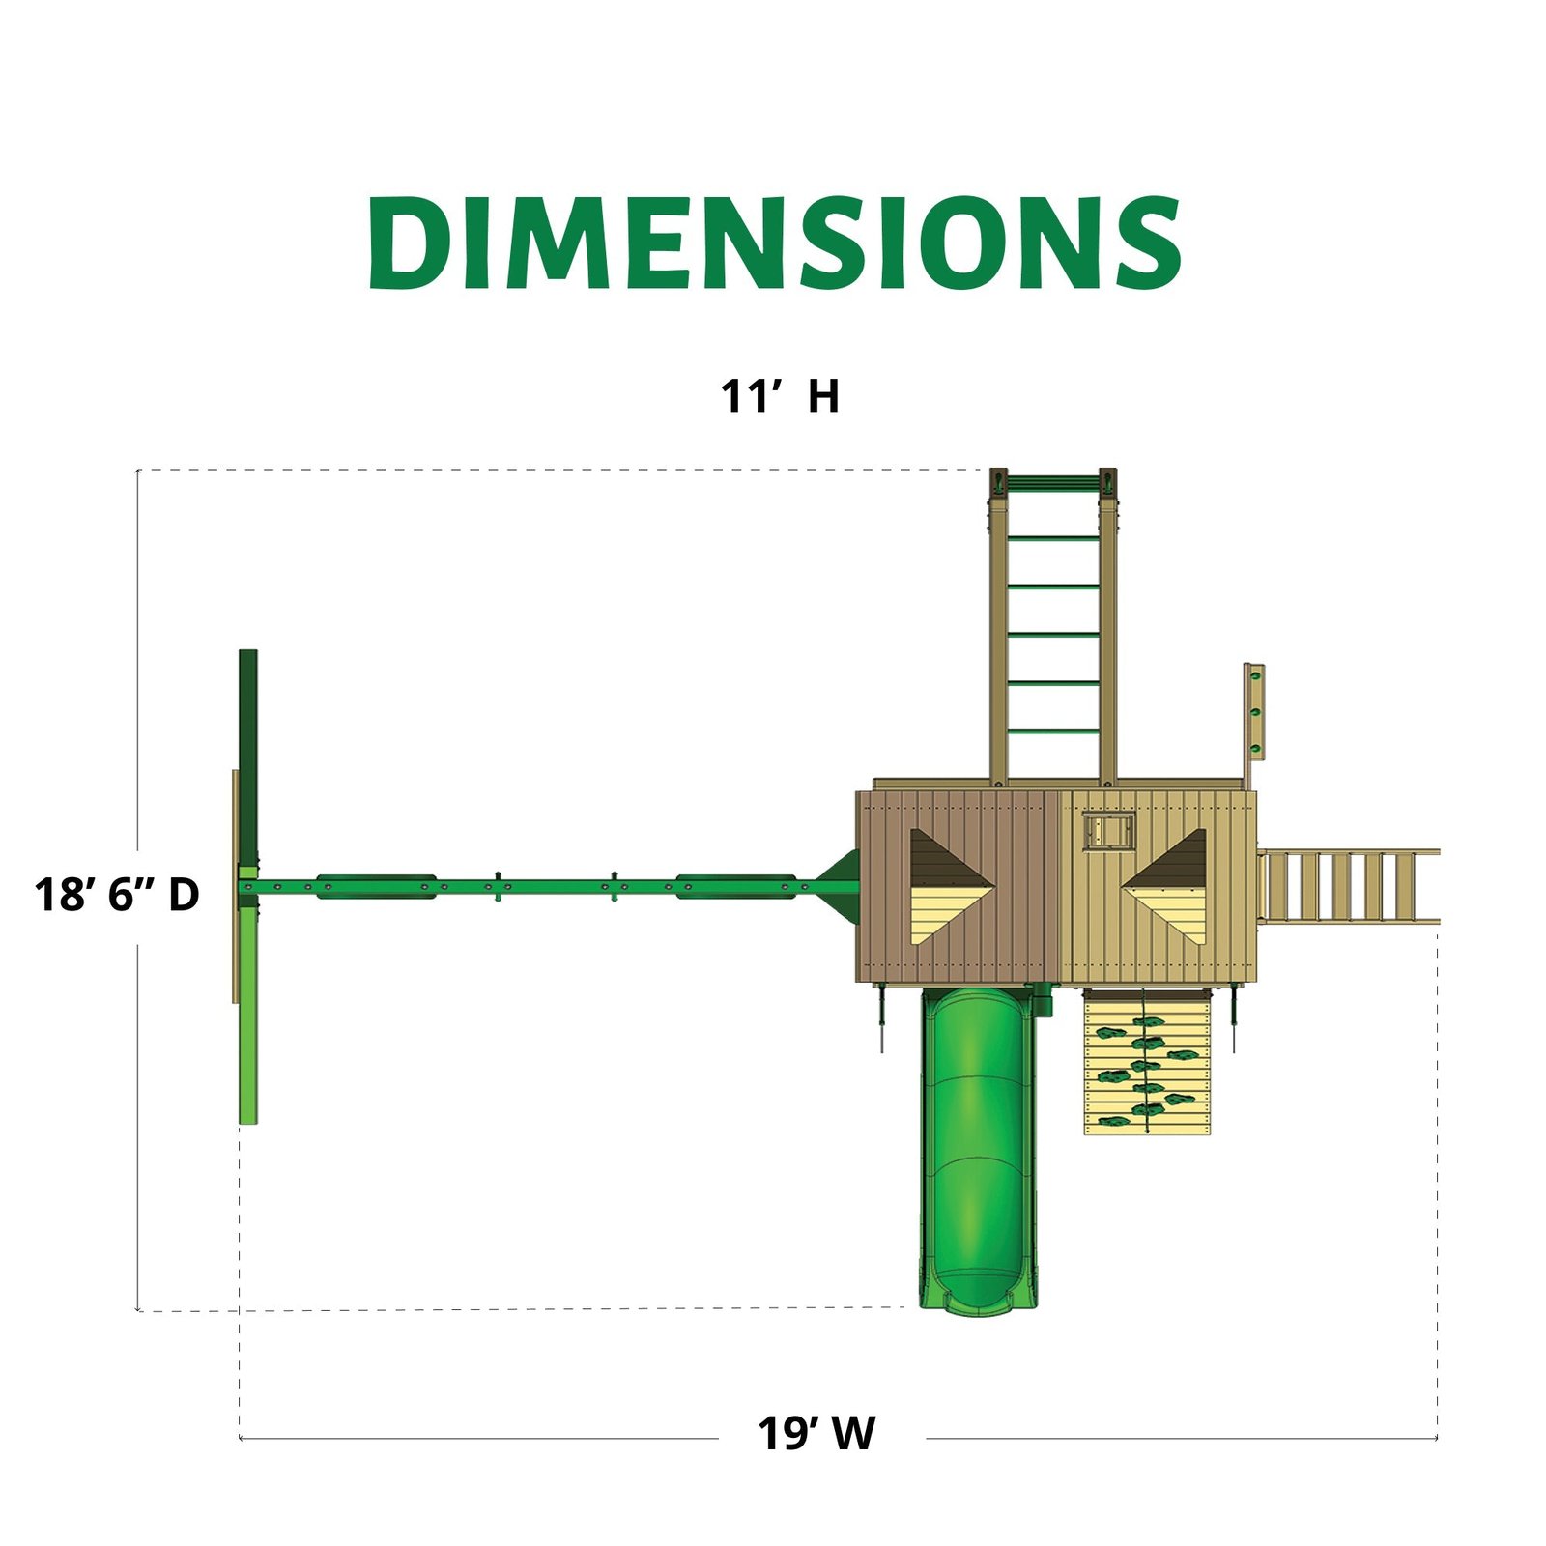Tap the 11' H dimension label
point(780,396)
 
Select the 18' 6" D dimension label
point(117,895)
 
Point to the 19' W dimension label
point(816,1434)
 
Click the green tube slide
point(979,1150)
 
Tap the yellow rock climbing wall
point(1147,1062)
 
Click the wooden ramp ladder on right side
point(1348,886)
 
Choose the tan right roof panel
point(1159,886)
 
